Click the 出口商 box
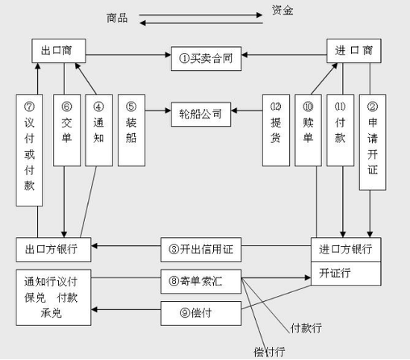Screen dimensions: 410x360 click(59, 51)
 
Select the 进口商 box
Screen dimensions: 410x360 click(354, 51)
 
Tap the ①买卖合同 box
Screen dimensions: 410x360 click(206, 59)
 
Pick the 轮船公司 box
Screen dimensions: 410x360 click(201, 115)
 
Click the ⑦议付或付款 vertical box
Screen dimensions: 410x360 click(30, 151)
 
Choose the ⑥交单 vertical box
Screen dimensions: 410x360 click(67, 130)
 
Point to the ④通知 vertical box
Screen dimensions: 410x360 click(99, 130)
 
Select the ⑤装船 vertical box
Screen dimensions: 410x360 click(131, 130)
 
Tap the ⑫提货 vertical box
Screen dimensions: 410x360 click(276, 130)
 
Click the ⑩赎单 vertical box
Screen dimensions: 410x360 click(309, 130)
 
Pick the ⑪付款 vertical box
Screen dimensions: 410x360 click(341, 130)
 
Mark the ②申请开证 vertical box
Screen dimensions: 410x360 click(373, 142)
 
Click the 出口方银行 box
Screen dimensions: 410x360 click(54, 250)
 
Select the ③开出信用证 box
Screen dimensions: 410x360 click(201, 250)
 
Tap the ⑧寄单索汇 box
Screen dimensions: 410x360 click(201, 282)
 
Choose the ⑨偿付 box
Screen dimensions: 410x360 click(201, 314)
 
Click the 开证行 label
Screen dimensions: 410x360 click(335, 274)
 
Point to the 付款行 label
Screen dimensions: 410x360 click(306, 328)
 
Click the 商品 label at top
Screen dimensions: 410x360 click(117, 19)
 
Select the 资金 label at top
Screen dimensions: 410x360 click(283, 10)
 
